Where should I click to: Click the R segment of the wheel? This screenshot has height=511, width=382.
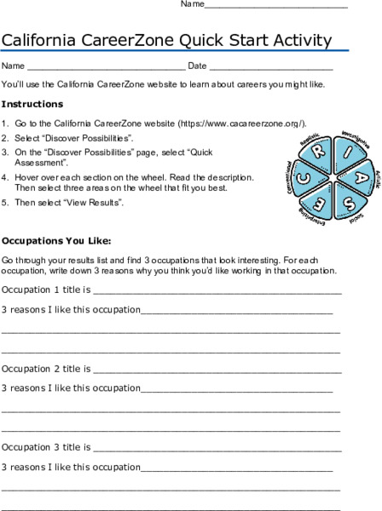pyautogui.click(x=315, y=153)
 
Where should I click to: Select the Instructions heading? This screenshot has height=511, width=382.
pyautogui.click(x=32, y=104)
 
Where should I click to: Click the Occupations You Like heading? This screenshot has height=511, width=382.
pyautogui.click(x=57, y=240)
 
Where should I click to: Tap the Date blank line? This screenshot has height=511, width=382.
pyautogui.click(x=270, y=66)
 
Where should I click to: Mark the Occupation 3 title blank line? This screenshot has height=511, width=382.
pyautogui.click(x=217, y=447)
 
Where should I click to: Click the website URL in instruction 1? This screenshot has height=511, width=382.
pyautogui.click(x=251, y=123)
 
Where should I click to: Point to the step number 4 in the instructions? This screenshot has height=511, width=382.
pyautogui.click(x=5, y=176)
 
